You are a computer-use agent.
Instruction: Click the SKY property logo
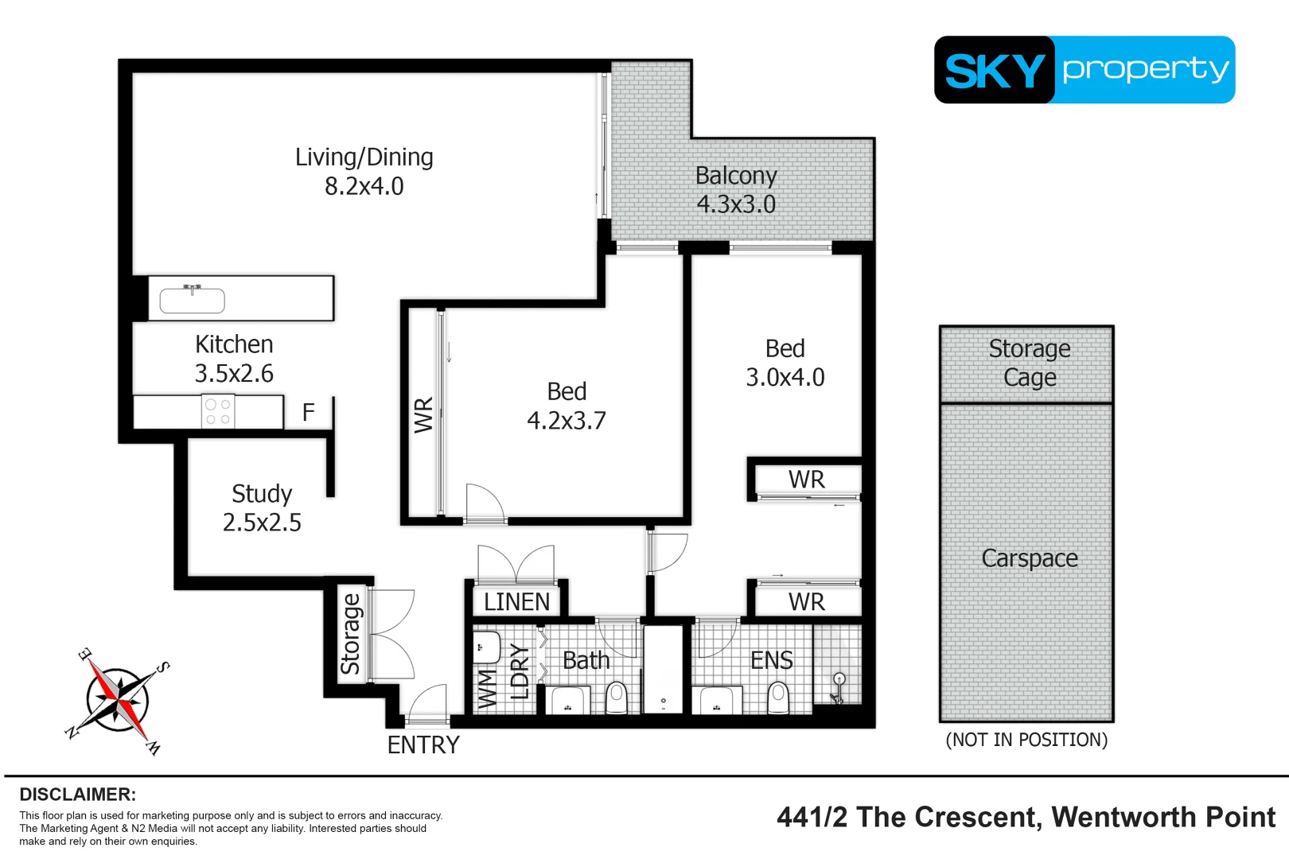[x=1084, y=70]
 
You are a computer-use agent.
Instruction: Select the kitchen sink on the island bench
[x=192, y=300]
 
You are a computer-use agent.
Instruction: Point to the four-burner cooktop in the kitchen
[x=218, y=412]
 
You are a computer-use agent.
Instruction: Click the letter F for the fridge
[x=309, y=412]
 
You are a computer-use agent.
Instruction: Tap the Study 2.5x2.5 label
[x=262, y=507]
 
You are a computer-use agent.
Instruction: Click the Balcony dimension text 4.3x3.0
[x=736, y=204]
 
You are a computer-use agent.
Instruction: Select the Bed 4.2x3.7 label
[x=567, y=406]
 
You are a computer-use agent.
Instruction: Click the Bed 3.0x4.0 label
[x=785, y=363]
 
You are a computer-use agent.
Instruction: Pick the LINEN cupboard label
[x=516, y=602]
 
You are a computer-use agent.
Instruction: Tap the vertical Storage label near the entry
[x=350, y=634]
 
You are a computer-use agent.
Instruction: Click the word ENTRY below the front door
[x=423, y=745]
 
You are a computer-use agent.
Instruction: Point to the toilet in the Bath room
[x=617, y=698]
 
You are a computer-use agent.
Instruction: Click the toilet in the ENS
[x=777, y=698]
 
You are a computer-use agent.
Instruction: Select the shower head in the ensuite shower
[x=839, y=680]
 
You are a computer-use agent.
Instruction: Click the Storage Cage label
[x=1029, y=363]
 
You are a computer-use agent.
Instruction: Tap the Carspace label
[x=1029, y=558]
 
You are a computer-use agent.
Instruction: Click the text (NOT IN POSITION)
[x=1026, y=740]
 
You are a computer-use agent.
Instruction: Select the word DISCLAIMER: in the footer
[x=77, y=795]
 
